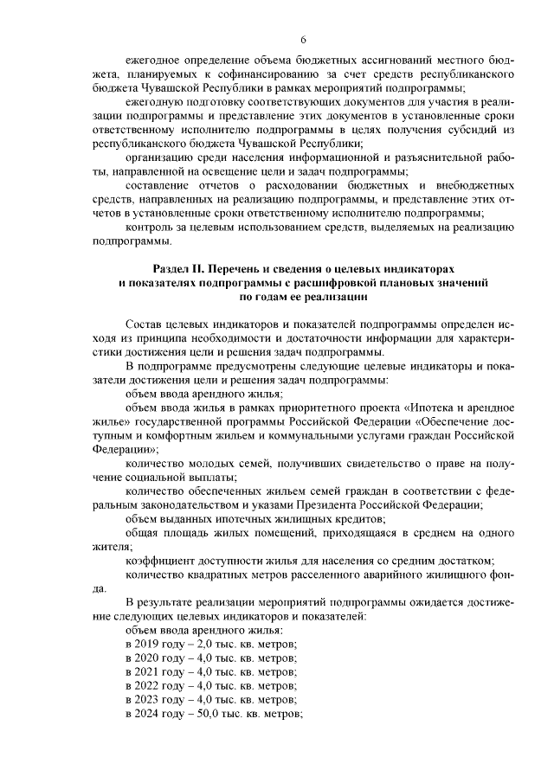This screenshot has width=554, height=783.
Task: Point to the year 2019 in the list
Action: [x=148, y=645]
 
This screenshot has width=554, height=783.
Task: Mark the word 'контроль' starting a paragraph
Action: [x=148, y=228]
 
